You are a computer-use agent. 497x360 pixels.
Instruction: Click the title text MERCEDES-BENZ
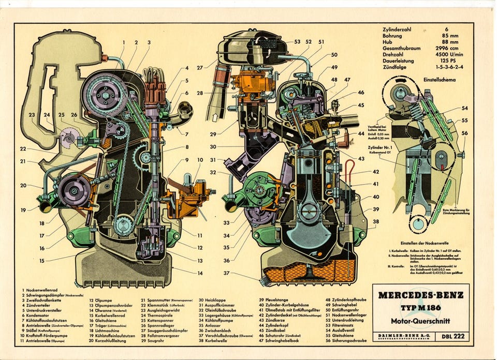pyautogui.click(x=420, y=296)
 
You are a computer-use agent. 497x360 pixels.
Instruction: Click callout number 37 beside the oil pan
pyautogui.click(x=227, y=273)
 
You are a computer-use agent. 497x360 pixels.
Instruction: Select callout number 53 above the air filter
pyautogui.click(x=297, y=41)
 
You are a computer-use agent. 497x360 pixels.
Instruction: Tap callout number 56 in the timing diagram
pyautogui.click(x=464, y=133)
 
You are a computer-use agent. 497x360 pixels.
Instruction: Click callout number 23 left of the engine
pyautogui.click(x=32, y=115)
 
